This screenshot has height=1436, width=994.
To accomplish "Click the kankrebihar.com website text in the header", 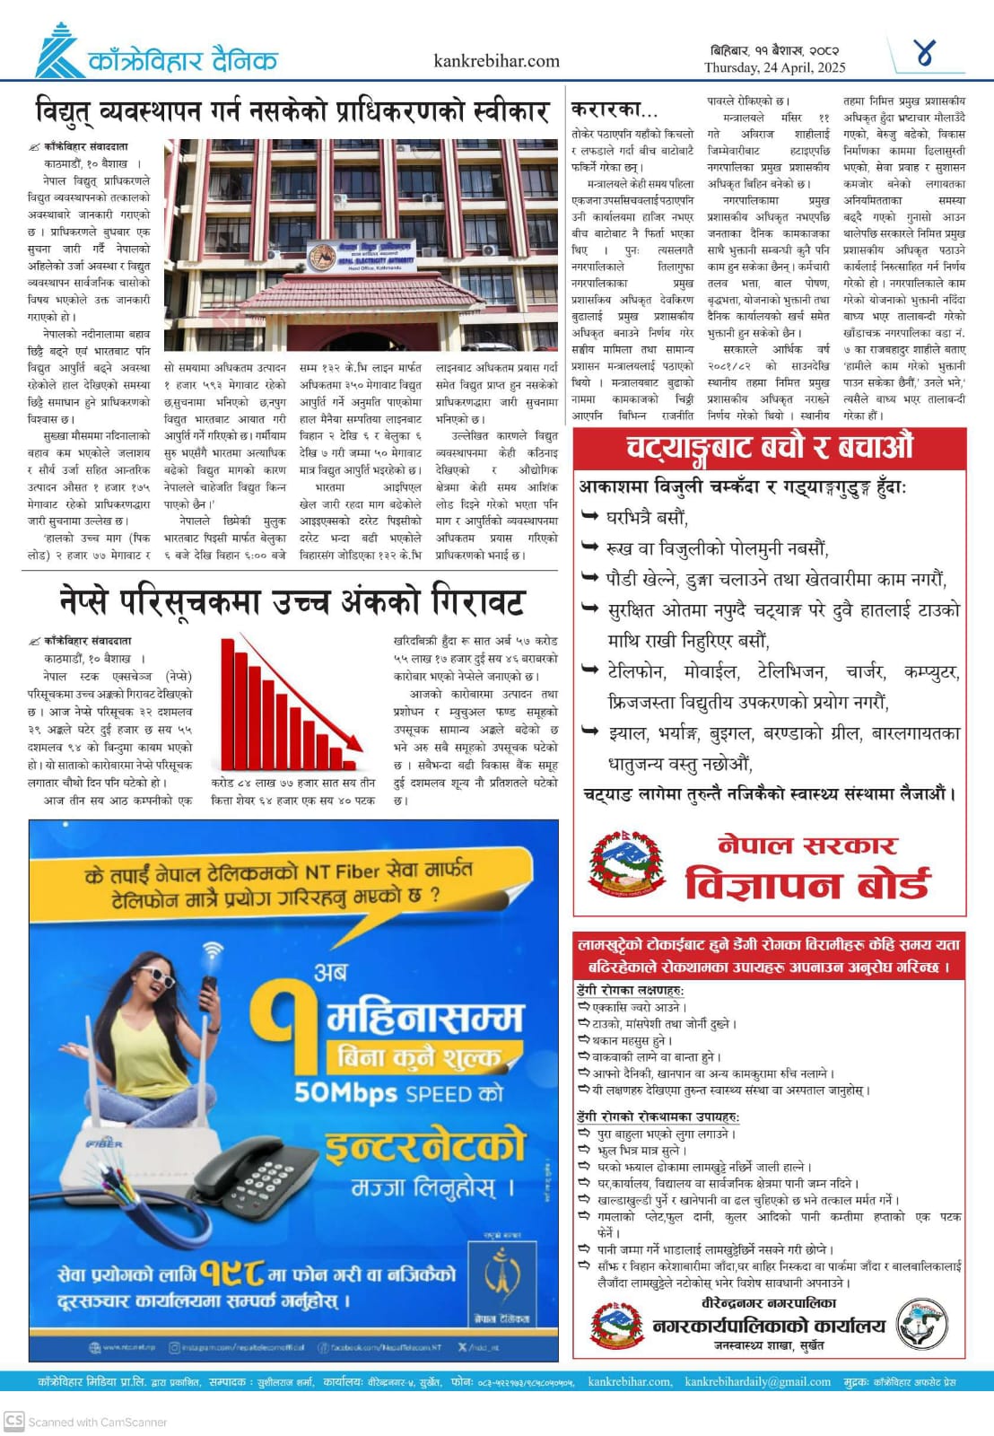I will (x=496, y=61).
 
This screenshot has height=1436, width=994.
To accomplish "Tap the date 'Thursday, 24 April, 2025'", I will (x=774, y=67).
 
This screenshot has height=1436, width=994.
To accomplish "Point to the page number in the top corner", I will (x=924, y=54).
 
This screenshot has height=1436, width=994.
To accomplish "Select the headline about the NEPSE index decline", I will (x=292, y=601).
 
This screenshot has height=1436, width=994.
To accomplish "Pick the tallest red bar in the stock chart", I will (x=227, y=700).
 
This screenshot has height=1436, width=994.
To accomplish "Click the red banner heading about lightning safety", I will (x=769, y=446).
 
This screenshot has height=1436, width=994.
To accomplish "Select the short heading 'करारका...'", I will (x=615, y=109).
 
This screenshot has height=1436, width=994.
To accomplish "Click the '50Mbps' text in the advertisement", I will (x=345, y=1093).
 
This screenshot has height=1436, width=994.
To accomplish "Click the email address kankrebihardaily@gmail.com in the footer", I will (x=757, y=1382).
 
